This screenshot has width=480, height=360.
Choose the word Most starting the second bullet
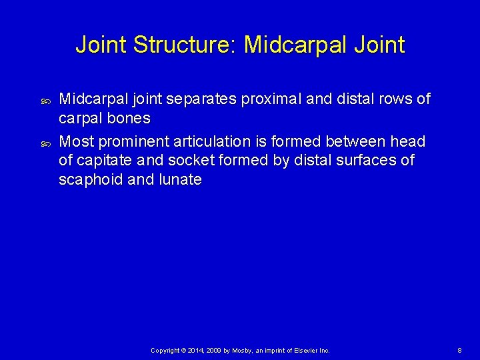[x=77, y=141]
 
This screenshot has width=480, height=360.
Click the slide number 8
[x=459, y=350]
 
